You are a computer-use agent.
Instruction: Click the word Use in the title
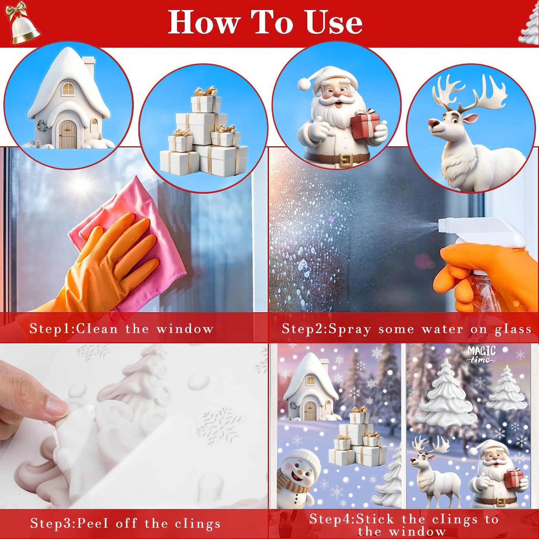(x=333, y=22)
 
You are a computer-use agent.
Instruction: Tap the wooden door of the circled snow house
(x=68, y=135)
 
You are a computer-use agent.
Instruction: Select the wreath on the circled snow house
(x=42, y=126)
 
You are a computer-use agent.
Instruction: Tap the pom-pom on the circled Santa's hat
(x=305, y=84)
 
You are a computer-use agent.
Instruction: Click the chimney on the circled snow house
(x=89, y=66)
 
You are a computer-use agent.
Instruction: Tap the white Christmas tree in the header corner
(x=529, y=25)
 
